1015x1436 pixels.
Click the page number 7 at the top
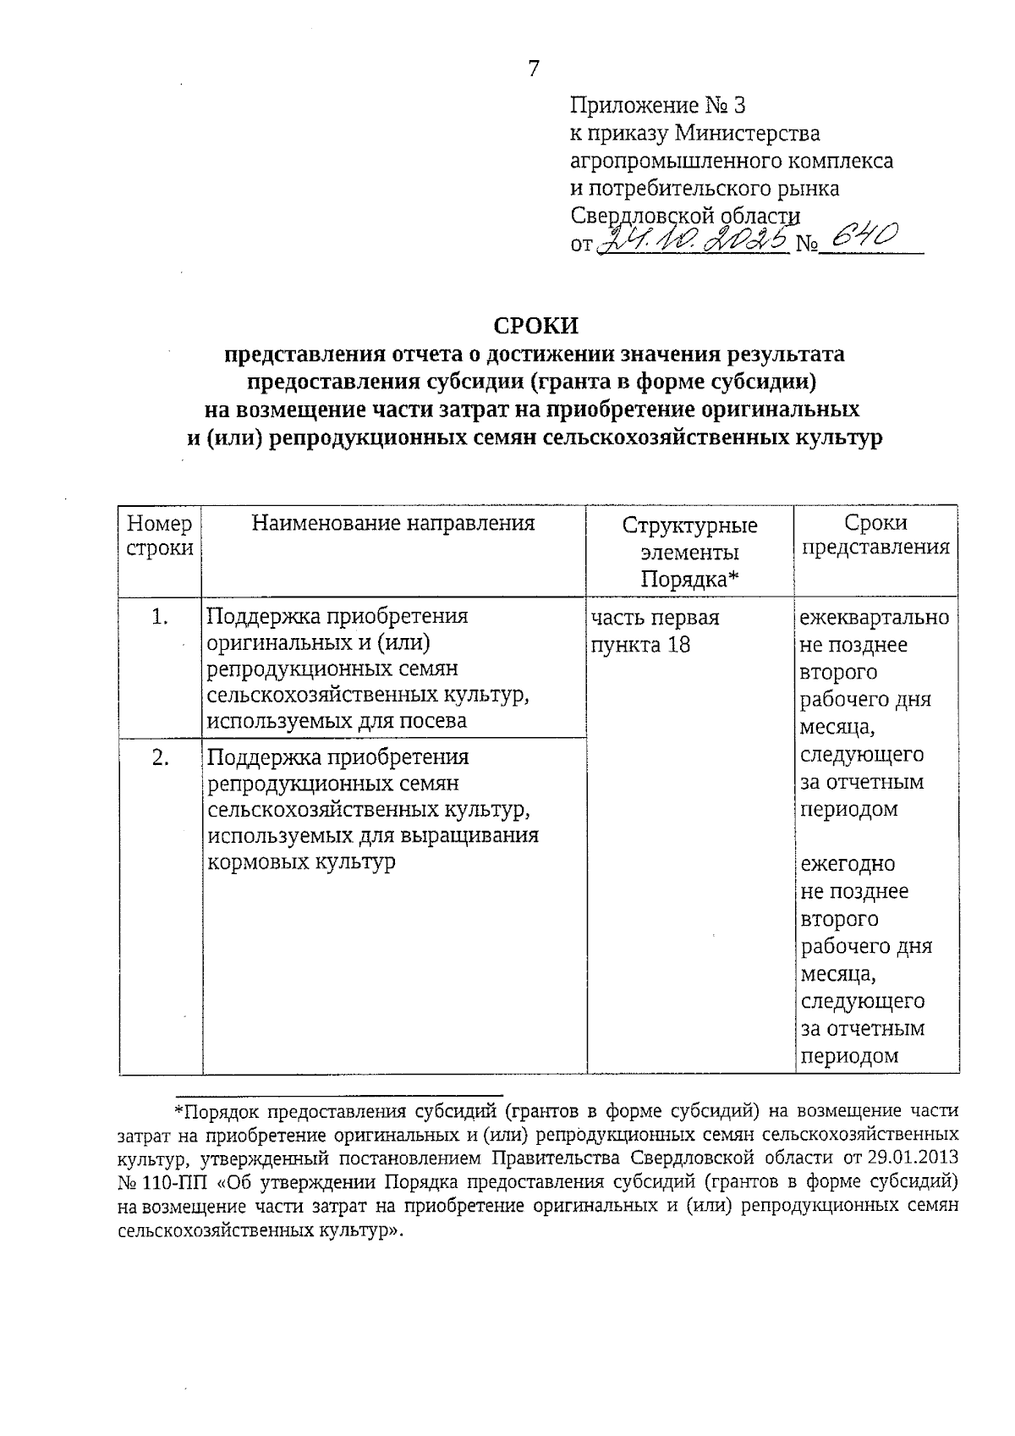(x=533, y=69)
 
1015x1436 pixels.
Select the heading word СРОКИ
(x=535, y=326)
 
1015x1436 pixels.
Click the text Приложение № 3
(x=658, y=106)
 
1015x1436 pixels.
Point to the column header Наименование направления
(x=393, y=523)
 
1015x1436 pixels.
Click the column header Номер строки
(x=160, y=535)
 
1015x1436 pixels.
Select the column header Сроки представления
(x=875, y=535)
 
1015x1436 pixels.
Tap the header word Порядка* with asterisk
(x=689, y=580)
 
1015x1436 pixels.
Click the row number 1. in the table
(x=160, y=618)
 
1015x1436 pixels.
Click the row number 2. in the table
(x=160, y=757)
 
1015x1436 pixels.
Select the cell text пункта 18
(x=640, y=645)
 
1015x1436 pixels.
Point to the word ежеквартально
(x=875, y=618)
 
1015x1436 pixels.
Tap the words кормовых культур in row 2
(x=301, y=862)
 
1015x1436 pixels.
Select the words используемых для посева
(x=337, y=721)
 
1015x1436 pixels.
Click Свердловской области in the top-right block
(x=685, y=215)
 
